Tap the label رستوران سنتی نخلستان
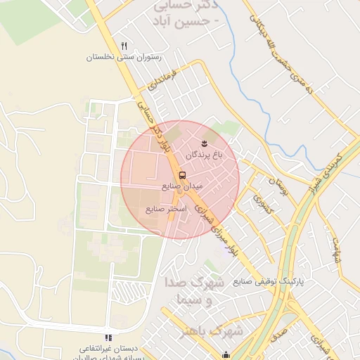124,57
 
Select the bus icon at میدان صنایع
183,175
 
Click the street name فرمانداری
163,81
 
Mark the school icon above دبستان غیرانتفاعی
108,338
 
